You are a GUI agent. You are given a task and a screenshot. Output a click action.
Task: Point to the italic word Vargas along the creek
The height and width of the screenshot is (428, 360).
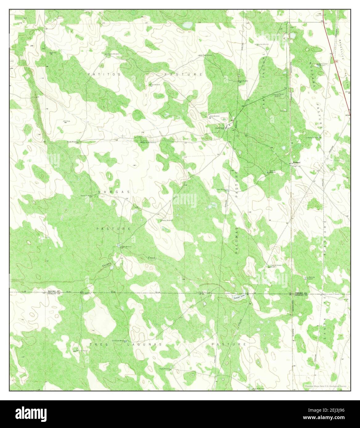105,264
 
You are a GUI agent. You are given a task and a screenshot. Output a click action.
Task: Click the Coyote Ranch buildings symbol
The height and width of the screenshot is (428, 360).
228,126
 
